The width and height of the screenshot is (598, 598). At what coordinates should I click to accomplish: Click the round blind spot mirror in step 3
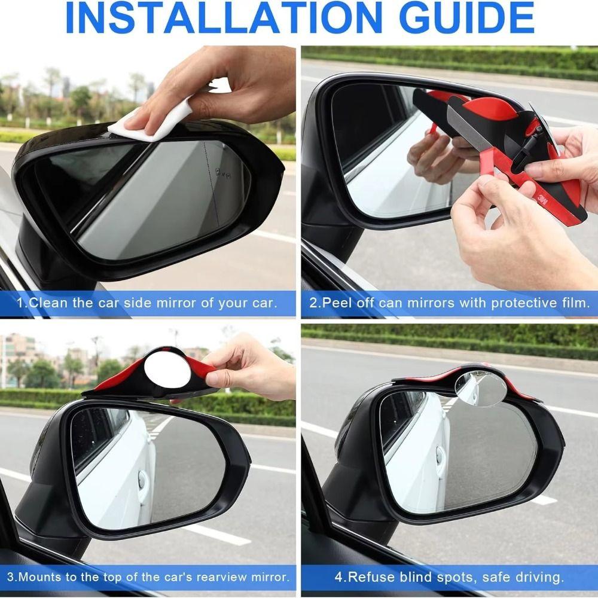click(167, 370)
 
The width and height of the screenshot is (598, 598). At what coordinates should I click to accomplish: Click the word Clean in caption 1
click(49, 303)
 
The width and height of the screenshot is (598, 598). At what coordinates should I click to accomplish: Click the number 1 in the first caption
click(19, 303)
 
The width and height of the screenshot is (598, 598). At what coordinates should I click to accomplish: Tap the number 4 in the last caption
click(338, 578)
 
